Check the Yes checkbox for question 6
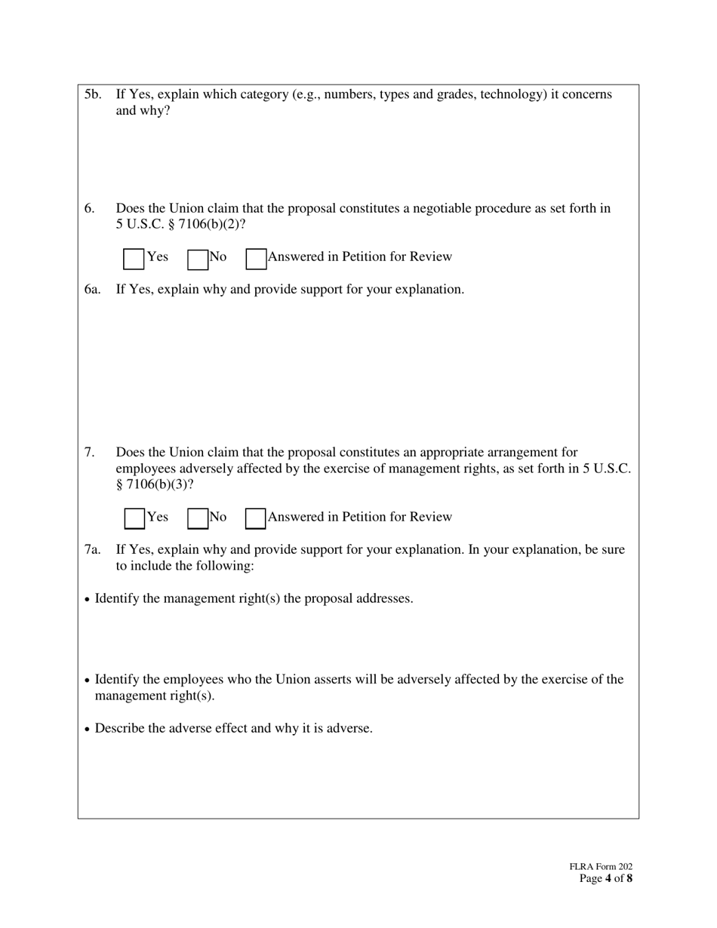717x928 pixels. (134, 260)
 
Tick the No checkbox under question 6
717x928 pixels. (198, 260)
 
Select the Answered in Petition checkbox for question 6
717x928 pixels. (256, 260)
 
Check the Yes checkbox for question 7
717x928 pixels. (134, 519)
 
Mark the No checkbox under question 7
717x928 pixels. (198, 519)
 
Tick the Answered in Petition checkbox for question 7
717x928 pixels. (256, 519)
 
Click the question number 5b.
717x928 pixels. (93, 94)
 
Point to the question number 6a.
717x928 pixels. (92, 289)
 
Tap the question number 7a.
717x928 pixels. (92, 549)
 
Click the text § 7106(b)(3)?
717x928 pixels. (154, 484)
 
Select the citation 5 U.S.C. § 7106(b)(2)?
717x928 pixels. (180, 224)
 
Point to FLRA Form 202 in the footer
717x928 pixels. (601, 868)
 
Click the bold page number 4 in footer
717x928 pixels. (608, 878)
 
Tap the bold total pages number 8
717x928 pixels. (629, 878)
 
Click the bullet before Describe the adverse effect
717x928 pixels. (88, 730)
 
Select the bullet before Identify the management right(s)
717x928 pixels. (88, 600)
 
